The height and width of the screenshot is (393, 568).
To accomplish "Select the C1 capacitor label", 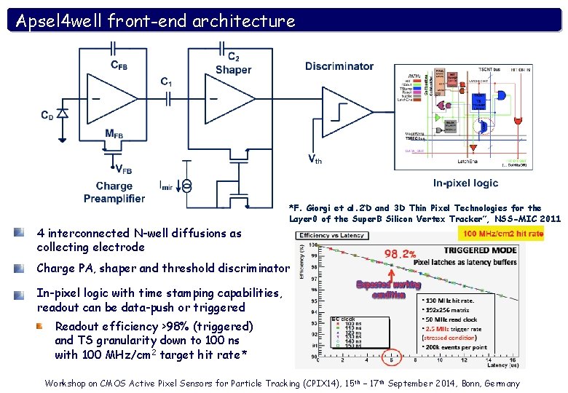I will point(166,82).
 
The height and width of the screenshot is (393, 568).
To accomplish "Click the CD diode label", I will point(47,114).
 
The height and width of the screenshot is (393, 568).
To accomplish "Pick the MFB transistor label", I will point(114,133).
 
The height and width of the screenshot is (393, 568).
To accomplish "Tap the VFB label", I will point(123,170).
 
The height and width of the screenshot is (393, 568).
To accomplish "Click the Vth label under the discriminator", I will point(315,159).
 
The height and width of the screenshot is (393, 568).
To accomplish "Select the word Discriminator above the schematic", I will point(339,66).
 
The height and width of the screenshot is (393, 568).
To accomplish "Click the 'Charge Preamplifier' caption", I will point(114,192).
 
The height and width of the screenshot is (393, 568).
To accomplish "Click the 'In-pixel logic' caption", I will point(465,183).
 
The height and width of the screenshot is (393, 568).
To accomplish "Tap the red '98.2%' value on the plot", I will point(401,255).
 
